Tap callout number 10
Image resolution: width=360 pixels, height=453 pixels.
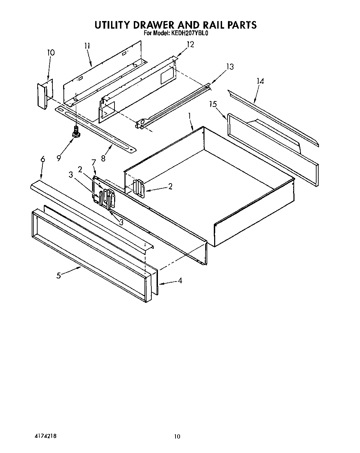[x=51, y=53]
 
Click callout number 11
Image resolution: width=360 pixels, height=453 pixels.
[x=87, y=46]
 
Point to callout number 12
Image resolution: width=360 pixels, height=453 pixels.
[x=190, y=44]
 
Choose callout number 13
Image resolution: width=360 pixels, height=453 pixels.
[x=230, y=67]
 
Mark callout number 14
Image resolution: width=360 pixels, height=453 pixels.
[x=260, y=81]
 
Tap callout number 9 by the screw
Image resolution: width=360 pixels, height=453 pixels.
[x=59, y=158]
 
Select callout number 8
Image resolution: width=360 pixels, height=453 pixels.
[x=103, y=159]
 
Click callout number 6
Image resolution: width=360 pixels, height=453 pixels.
[x=43, y=159]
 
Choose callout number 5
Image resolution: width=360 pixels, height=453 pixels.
[x=59, y=275]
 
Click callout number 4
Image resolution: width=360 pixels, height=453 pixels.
[x=180, y=280]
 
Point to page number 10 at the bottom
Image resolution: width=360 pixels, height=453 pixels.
[x=177, y=436]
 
